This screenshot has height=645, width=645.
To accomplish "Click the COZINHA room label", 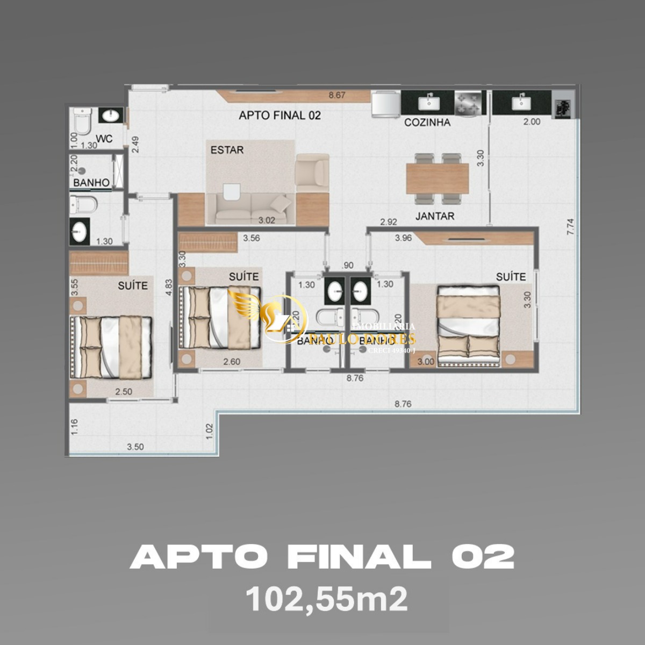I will click(x=427, y=123).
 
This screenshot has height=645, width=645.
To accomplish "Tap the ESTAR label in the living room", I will click(x=227, y=150).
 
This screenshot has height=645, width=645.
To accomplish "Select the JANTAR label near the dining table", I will click(x=434, y=216).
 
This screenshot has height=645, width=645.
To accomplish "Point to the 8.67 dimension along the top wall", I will click(x=338, y=96).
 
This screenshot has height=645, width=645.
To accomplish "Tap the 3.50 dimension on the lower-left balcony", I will click(x=135, y=447).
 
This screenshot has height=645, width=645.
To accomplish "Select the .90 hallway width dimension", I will click(x=348, y=265).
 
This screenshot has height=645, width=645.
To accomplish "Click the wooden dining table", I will click(x=438, y=178).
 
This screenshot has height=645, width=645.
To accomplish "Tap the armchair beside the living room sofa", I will click(x=312, y=172).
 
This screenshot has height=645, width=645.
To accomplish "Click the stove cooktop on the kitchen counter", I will click(x=469, y=103).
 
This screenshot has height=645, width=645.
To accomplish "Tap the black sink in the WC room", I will click(x=111, y=115).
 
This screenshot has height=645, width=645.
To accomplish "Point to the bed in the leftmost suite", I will click(x=111, y=347).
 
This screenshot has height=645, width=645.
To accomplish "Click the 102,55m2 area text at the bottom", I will click(x=326, y=599).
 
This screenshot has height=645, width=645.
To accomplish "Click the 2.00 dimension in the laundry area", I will click(x=531, y=122).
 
